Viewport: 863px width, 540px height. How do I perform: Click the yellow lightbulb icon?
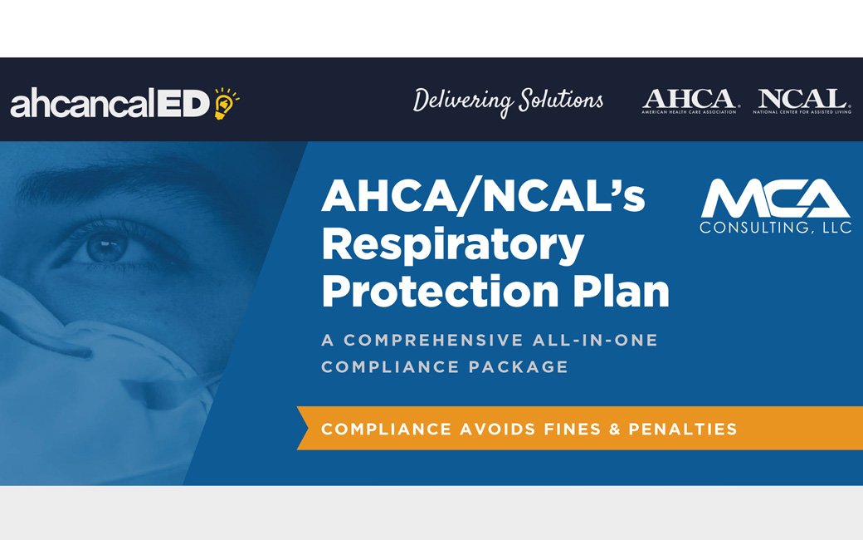pyautogui.click(x=226, y=103)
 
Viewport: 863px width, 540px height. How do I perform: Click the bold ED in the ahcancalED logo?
pyautogui.click(x=183, y=104)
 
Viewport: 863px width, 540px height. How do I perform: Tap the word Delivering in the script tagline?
pyautogui.click(x=463, y=101)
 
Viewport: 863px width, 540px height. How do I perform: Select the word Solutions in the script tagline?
pyautogui.click(x=561, y=100)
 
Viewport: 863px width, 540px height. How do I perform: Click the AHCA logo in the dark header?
pyautogui.click(x=690, y=101)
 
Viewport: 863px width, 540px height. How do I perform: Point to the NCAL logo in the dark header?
pyautogui.click(x=802, y=101)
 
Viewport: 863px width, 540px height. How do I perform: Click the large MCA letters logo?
pyautogui.click(x=776, y=199)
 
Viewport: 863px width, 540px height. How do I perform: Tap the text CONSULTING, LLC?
pyautogui.click(x=776, y=228)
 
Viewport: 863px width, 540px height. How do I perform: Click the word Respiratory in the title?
pyautogui.click(x=452, y=244)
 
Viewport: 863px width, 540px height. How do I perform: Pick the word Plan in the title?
pyautogui.click(x=621, y=291)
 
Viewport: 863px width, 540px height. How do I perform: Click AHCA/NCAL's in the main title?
pyautogui.click(x=483, y=195)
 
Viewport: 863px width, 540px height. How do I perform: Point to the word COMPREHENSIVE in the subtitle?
pyautogui.click(x=433, y=340)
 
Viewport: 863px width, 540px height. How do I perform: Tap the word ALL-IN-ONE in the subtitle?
pyautogui.click(x=595, y=340)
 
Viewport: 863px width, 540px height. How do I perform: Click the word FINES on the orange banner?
pyautogui.click(x=573, y=430)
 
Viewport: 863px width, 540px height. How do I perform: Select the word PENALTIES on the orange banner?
pyautogui.click(x=682, y=430)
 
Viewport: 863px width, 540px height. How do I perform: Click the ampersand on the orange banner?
pyautogui.click(x=615, y=430)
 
